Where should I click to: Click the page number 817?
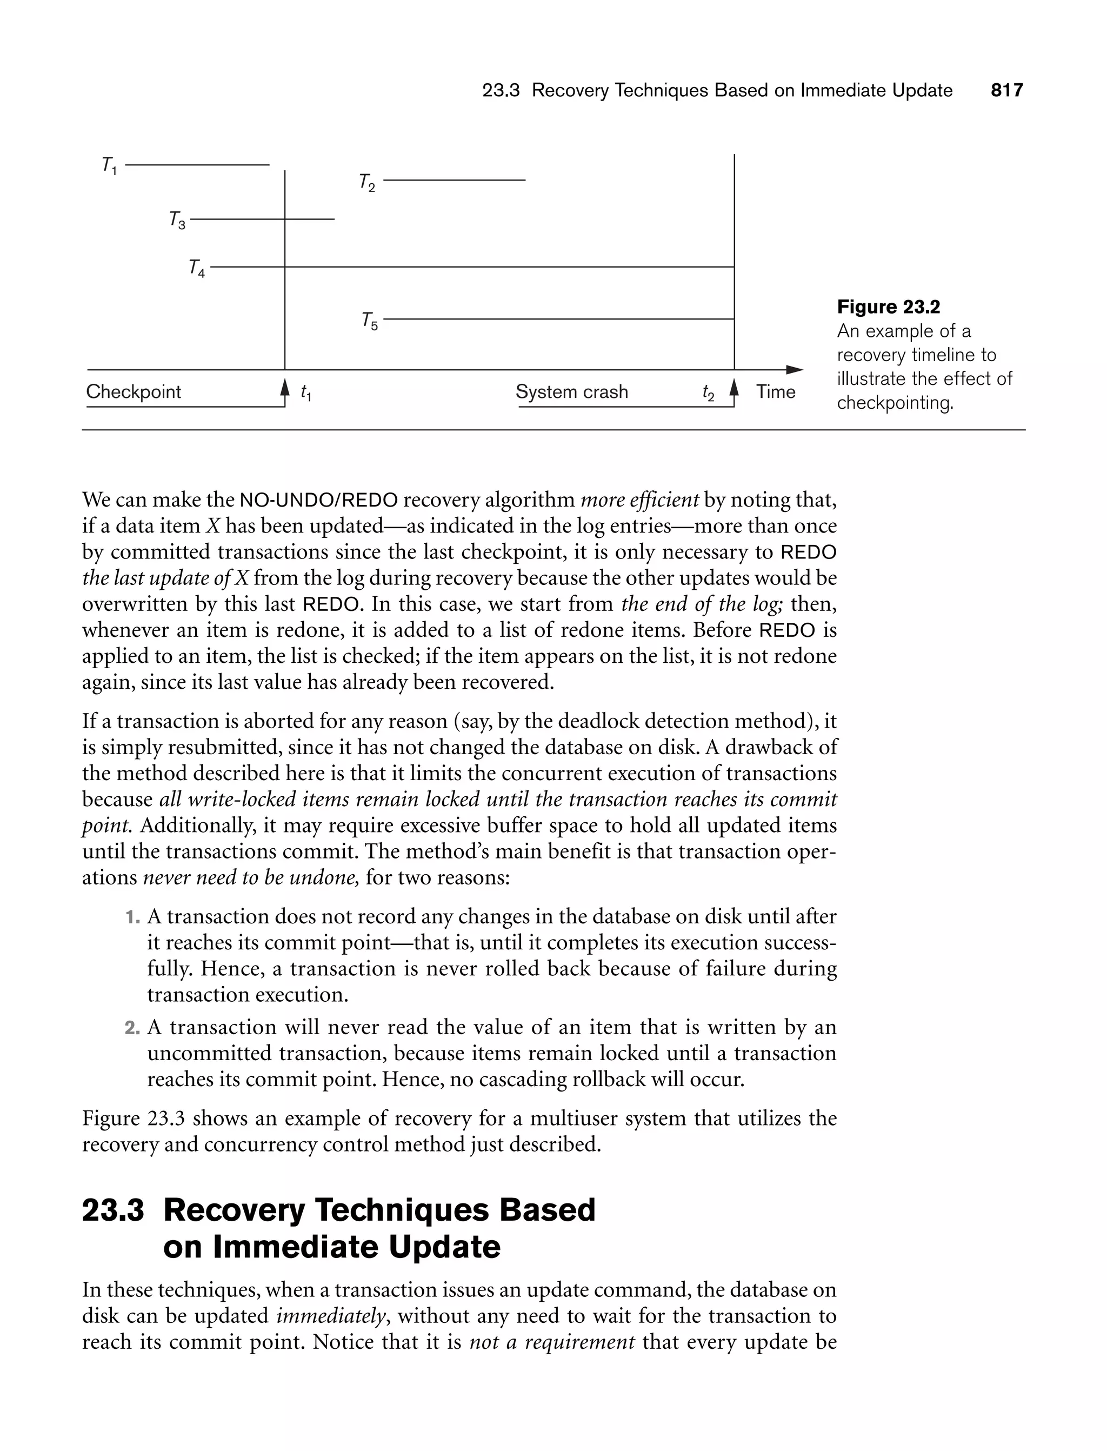tap(1007, 90)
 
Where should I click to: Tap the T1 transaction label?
tap(109, 165)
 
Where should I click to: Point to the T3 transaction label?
tap(177, 220)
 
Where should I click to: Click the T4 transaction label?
tap(196, 268)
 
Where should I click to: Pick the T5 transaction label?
tap(370, 321)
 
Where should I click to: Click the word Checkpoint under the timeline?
tap(133, 392)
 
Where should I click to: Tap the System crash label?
tap(571, 392)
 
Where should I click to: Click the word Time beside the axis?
tap(776, 392)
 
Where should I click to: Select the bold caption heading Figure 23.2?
tap(888, 307)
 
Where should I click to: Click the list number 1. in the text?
tap(132, 917)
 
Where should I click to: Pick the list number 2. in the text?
tap(132, 1028)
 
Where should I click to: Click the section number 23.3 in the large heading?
tap(112, 1210)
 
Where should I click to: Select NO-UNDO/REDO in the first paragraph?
tap(319, 500)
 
